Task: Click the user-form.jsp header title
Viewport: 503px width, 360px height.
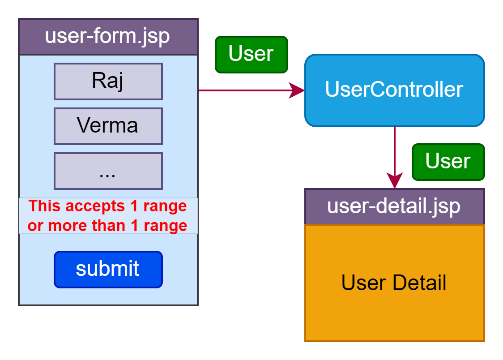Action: pos(107,36)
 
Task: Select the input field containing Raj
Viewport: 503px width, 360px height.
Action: pos(108,81)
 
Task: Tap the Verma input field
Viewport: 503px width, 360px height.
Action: pos(108,126)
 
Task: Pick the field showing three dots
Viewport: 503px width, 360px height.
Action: pos(108,171)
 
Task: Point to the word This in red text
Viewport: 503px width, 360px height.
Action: pos(46,206)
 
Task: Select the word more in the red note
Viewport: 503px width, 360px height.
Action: pos(68,226)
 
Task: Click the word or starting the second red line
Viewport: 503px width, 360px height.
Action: pos(35,226)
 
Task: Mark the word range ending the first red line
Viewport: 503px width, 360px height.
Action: pos(165,206)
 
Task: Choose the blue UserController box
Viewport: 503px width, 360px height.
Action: pos(394,90)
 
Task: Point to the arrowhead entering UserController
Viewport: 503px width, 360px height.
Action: pos(297,90)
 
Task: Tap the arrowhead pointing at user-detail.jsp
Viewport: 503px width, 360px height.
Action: pos(394,181)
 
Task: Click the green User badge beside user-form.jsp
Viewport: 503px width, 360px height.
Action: pos(251,54)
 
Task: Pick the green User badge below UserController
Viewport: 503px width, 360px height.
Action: pos(448,162)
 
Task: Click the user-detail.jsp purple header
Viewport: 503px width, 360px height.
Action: pos(394,206)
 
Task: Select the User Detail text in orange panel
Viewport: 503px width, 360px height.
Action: pos(394,283)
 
